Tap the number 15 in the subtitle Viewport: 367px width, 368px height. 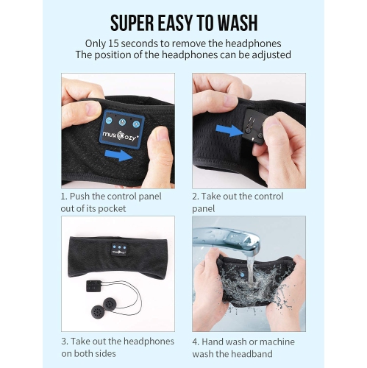click(113, 43)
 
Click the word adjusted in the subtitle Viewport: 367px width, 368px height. click(271, 54)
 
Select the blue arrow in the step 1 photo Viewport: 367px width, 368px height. click(118, 155)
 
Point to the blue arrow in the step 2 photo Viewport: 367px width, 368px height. click(229, 130)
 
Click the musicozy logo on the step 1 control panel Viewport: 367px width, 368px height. click(119, 136)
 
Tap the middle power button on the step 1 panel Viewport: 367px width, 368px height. click(122, 122)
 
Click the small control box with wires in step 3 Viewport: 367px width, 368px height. click(93, 286)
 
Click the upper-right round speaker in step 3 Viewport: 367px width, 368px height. click(110, 305)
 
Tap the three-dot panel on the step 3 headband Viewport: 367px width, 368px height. click(119, 250)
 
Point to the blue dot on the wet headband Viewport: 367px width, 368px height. click(243, 275)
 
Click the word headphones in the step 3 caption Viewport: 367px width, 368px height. click(149, 342)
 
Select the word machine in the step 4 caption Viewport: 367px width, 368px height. click(277, 342)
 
